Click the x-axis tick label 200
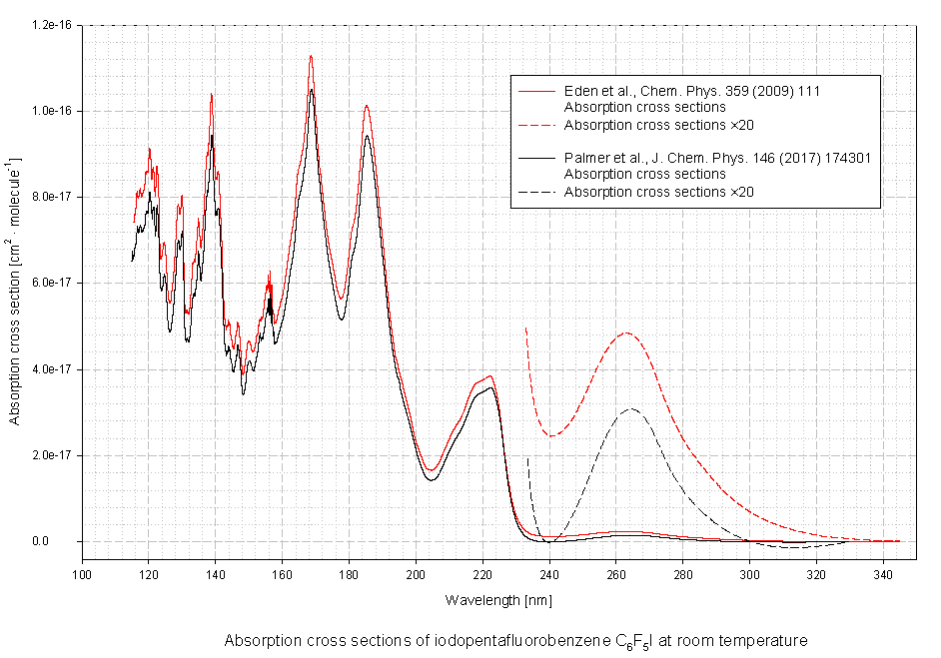[x=416, y=574]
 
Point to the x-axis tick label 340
[x=882, y=574]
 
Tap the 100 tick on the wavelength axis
[x=82, y=574]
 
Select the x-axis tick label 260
[x=615, y=574]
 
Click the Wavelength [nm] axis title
[x=498, y=600]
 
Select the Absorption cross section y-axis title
[x=15, y=290]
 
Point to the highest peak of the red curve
[x=312, y=56]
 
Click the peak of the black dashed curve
[x=630, y=409]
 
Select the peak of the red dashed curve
[x=625, y=333]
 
